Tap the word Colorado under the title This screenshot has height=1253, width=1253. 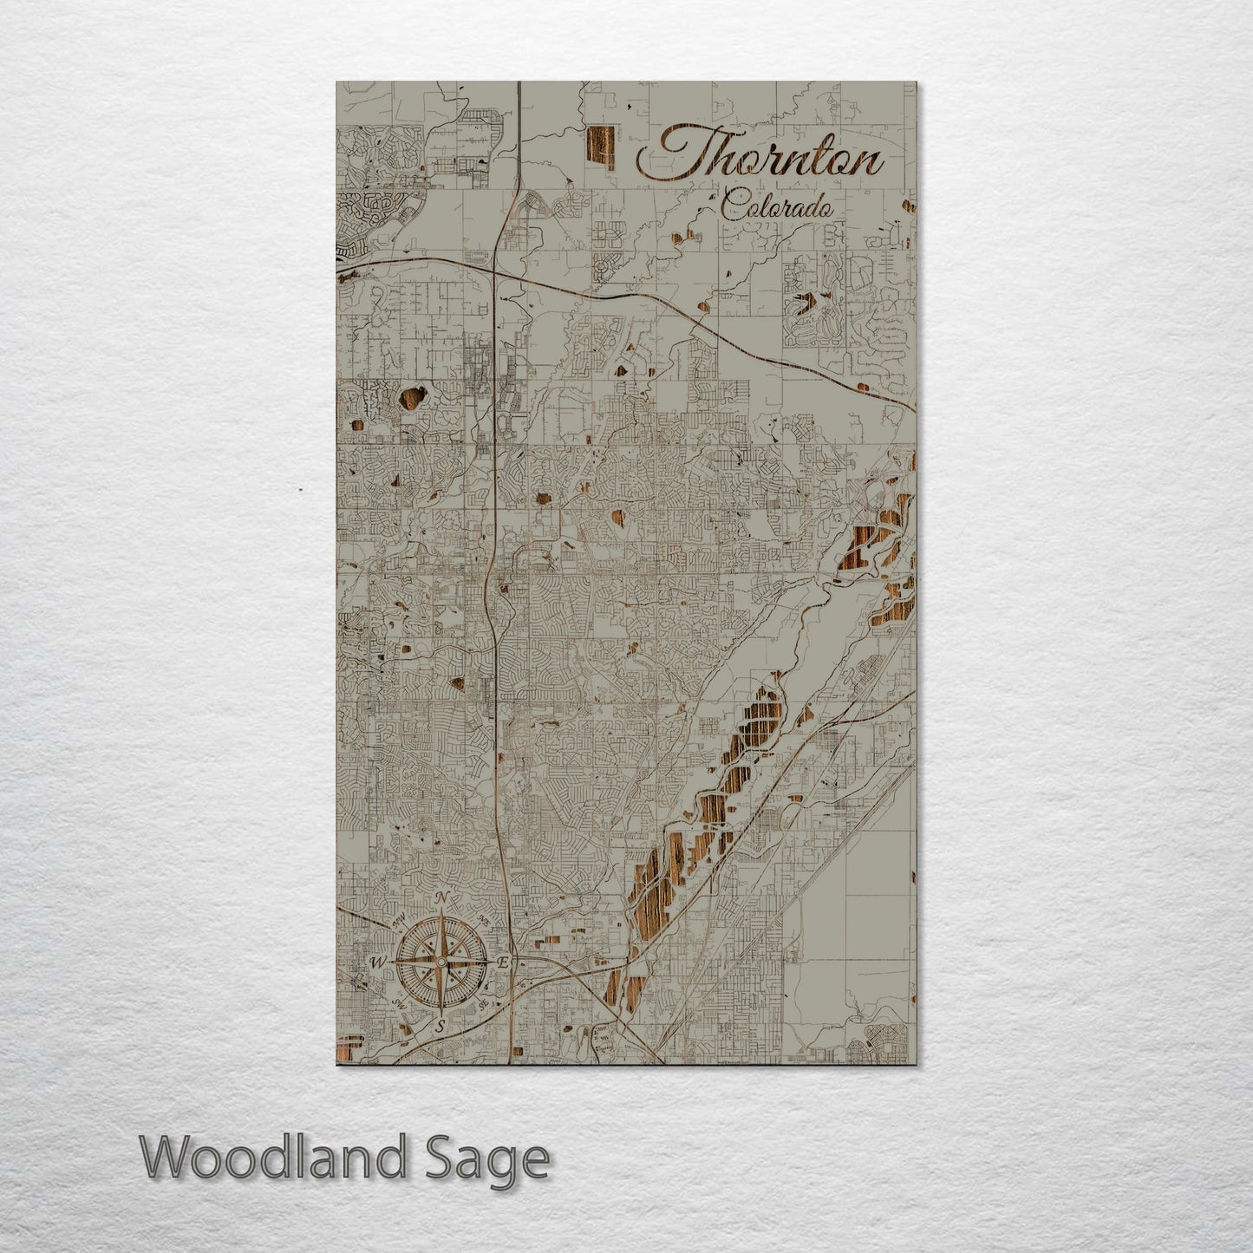(x=776, y=205)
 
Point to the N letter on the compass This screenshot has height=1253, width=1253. (x=441, y=897)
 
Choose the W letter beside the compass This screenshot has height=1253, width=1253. (x=377, y=962)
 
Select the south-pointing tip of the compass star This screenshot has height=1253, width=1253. (x=441, y=1013)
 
